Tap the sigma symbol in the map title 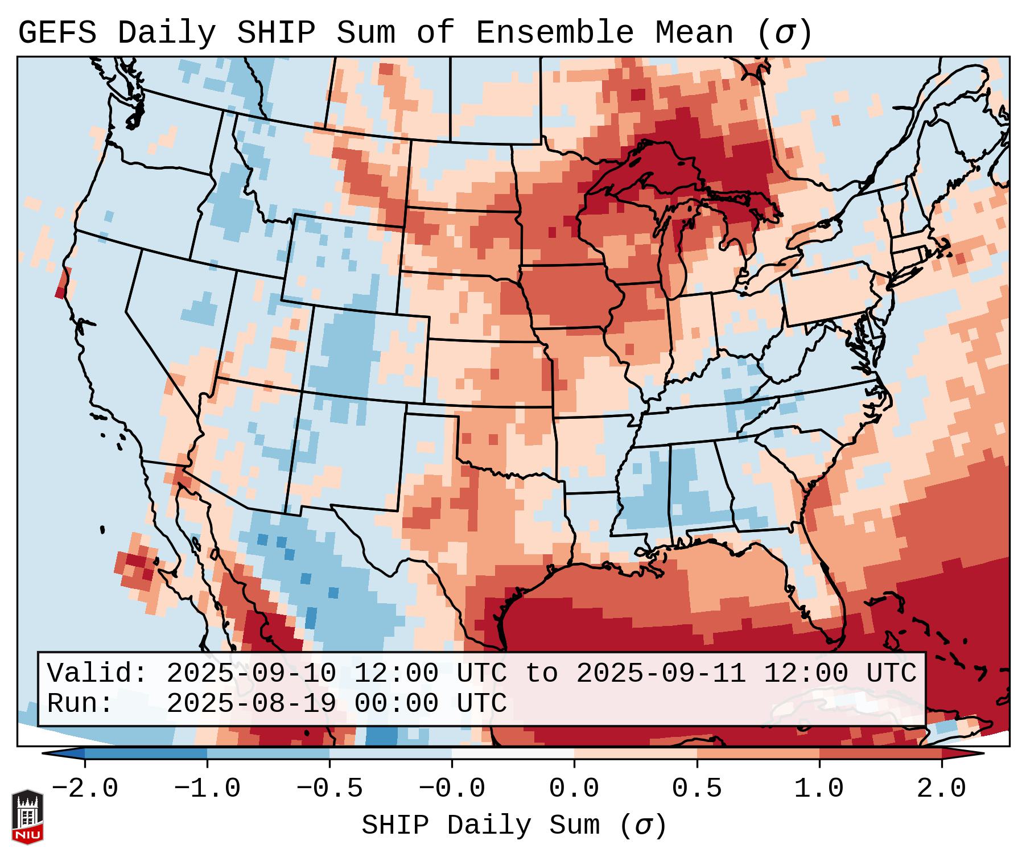[784, 34]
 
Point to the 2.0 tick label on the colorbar [941, 789]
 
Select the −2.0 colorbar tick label [85, 789]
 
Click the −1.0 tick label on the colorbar [207, 789]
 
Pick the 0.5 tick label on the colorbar [697, 789]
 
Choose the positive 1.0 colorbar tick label [819, 789]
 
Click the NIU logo [27, 817]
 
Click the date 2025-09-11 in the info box [661, 673]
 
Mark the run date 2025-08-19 [251, 703]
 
